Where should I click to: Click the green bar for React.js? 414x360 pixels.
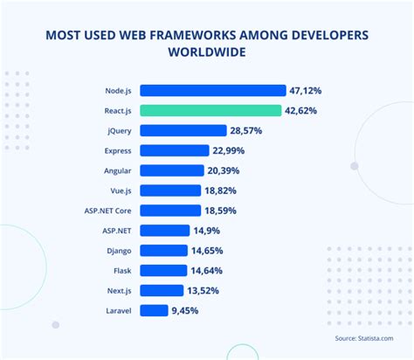point(210,110)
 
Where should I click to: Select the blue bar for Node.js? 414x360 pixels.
point(212,90)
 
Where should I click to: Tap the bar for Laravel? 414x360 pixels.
point(154,310)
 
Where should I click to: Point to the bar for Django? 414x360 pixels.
point(163,250)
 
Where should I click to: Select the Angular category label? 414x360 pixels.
point(117,170)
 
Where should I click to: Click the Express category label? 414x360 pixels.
point(117,150)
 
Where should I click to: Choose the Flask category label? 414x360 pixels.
point(121,270)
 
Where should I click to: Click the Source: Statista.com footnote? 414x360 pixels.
point(360,338)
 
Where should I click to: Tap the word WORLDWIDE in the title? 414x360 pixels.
point(207,51)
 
